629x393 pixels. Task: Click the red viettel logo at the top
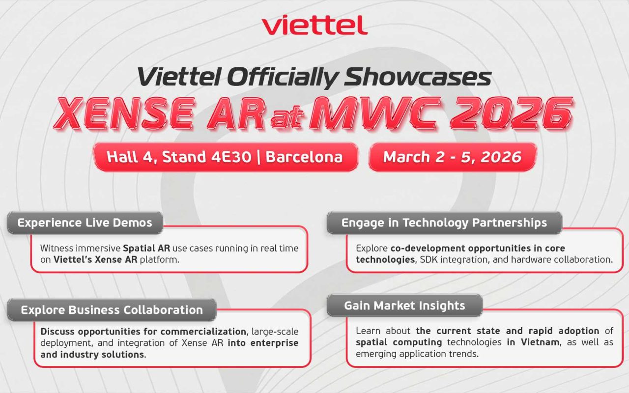[x=314, y=25]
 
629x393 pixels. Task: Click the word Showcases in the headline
[x=418, y=77]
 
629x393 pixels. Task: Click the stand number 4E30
[x=231, y=157]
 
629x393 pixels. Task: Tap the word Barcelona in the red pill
[x=304, y=157]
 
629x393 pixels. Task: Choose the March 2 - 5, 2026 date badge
[x=453, y=157]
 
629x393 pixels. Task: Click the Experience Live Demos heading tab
[x=85, y=223]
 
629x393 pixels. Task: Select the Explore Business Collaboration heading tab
[x=112, y=309]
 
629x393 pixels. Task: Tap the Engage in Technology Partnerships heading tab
[x=444, y=223]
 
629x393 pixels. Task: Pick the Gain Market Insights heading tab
[x=404, y=306]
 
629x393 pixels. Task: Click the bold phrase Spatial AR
[x=146, y=248]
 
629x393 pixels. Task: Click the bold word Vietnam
[x=540, y=342]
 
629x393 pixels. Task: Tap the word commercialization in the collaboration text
[x=203, y=332]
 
